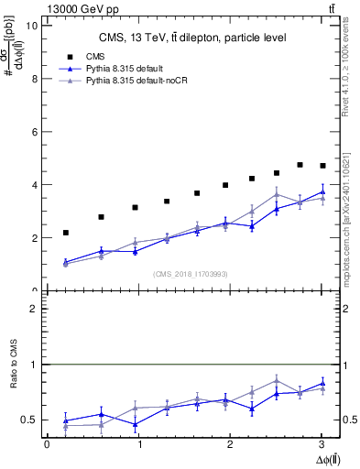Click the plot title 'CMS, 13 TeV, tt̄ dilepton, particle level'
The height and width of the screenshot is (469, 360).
pyautogui.click(x=192, y=38)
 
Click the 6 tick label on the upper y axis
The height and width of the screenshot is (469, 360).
pyautogui.click(x=33, y=132)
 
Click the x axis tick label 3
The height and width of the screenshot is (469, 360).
pyautogui.click(x=322, y=444)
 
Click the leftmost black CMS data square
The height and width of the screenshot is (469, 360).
pyautogui.click(x=65, y=233)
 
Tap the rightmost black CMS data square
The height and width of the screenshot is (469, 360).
pyautogui.click(x=322, y=166)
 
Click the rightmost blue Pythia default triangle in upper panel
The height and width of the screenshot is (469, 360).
pyautogui.click(x=322, y=192)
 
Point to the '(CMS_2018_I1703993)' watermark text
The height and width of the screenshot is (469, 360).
pyautogui.click(x=192, y=275)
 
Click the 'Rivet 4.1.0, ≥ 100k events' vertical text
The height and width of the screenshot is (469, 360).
pyautogui.click(x=348, y=82)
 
